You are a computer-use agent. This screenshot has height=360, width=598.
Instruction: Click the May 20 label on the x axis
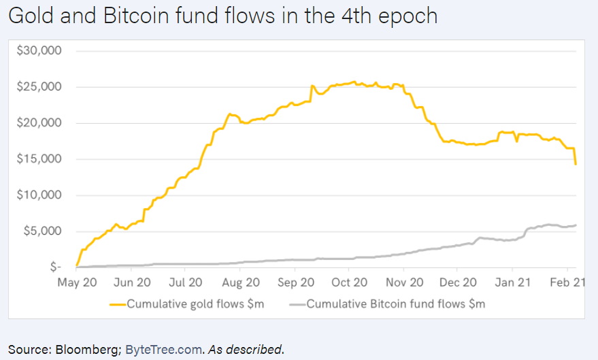[76, 282]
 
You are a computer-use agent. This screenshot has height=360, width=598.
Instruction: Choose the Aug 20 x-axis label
[240, 282]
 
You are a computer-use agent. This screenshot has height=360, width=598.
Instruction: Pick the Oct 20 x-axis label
[349, 282]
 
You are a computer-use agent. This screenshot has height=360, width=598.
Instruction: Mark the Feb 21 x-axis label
[567, 282]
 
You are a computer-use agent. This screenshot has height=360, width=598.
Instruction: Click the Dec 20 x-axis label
[459, 282]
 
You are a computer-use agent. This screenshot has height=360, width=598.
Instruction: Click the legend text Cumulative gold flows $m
[195, 304]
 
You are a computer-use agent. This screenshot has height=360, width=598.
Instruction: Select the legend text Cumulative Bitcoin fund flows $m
[396, 304]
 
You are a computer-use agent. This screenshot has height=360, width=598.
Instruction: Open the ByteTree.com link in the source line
[164, 350]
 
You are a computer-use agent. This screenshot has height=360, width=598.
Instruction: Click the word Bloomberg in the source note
[87, 350]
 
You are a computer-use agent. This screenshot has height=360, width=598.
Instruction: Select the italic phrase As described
[245, 350]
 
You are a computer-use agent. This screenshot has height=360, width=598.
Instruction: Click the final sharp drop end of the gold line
[576, 164]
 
